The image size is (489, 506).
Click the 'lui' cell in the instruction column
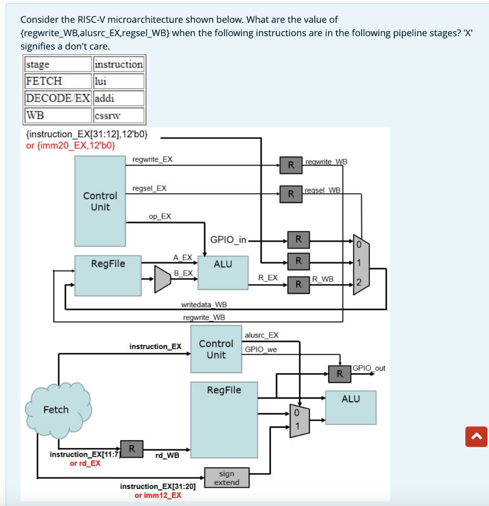click(x=118, y=81)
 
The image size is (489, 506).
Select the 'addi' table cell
click(x=118, y=98)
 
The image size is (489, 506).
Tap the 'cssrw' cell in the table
click(x=118, y=115)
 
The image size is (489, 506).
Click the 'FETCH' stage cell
click(x=58, y=81)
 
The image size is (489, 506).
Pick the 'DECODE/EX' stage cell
click(x=58, y=98)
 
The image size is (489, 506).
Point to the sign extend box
click(x=226, y=478)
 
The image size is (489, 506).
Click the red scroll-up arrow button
click(x=476, y=436)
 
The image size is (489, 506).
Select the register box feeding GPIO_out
click(x=339, y=374)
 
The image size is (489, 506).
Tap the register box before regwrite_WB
click(x=291, y=165)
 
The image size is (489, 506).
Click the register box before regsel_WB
click(x=291, y=193)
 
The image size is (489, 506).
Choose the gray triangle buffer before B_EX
click(x=162, y=280)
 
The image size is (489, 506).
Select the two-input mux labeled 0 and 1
click(x=299, y=421)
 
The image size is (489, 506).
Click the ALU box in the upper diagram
click(x=223, y=272)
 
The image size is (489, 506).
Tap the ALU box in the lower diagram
click(x=350, y=408)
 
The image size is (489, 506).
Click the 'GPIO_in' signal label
click(x=228, y=240)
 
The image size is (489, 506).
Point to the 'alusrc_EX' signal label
click(x=262, y=335)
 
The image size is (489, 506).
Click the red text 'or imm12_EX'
click(x=158, y=495)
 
